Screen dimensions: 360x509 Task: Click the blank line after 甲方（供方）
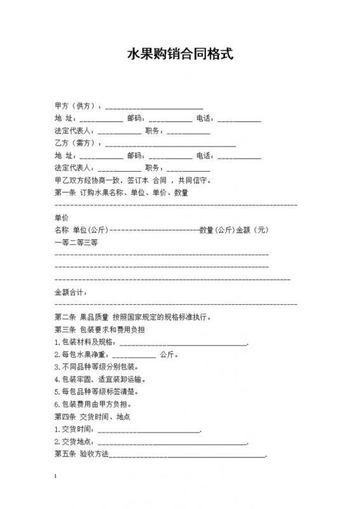point(154,106)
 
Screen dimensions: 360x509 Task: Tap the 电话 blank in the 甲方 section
point(239,119)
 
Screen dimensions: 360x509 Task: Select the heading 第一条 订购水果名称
point(121,193)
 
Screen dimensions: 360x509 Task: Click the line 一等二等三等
point(76,242)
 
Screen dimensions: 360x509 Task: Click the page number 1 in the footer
point(57,477)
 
